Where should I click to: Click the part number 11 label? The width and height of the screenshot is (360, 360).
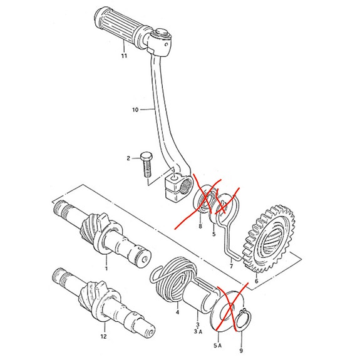point(124,56)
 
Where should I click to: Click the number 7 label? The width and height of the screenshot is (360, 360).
point(231,266)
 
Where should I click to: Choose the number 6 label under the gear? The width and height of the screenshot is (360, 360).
point(256,282)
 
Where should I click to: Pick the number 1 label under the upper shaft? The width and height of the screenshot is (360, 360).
point(106,268)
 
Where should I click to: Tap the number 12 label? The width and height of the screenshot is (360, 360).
point(104,336)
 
